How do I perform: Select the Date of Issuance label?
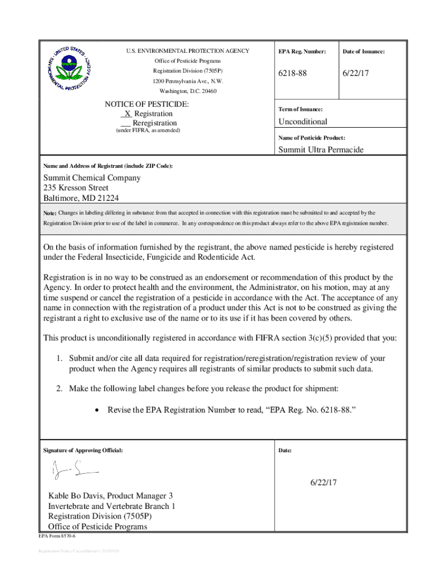coord(364,52)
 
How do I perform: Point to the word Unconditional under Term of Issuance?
coord(302,122)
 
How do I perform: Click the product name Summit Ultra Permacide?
coord(321,150)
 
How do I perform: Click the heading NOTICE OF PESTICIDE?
coord(146,104)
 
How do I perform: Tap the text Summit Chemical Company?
coord(92,178)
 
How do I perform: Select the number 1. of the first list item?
coord(59,359)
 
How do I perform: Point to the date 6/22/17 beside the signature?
coord(323,483)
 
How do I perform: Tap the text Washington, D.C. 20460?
coord(188,91)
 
